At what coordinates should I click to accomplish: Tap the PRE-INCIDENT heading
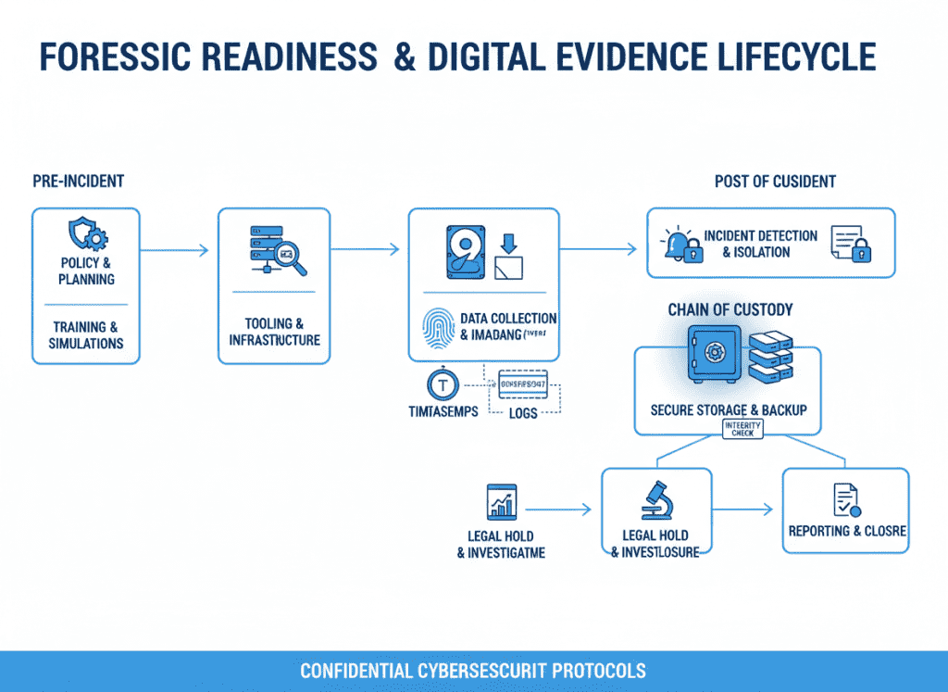point(78,181)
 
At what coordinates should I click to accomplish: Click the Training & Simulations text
point(86,335)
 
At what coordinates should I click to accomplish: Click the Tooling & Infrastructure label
point(274,332)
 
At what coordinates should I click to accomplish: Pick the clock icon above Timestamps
point(442,385)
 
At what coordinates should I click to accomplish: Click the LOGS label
point(523,412)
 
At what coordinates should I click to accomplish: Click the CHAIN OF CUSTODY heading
point(730,309)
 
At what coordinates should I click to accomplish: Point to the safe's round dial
point(715,353)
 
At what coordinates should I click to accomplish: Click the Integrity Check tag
point(742,429)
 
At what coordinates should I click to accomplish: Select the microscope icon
point(655,499)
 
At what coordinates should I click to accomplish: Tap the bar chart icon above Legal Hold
point(501,503)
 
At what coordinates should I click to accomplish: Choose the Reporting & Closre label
point(846,532)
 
